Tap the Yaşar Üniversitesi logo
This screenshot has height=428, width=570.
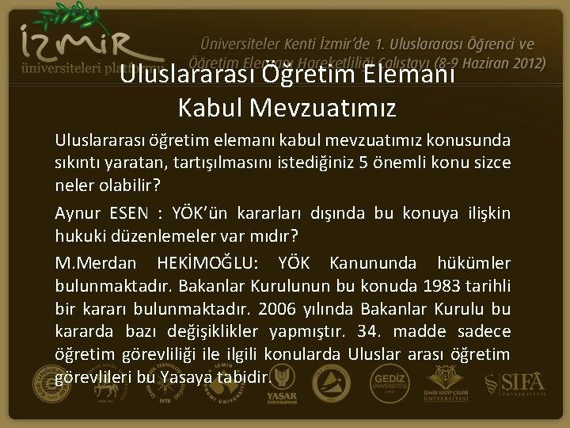[281, 384]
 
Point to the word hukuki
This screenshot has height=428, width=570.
[79, 236]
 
